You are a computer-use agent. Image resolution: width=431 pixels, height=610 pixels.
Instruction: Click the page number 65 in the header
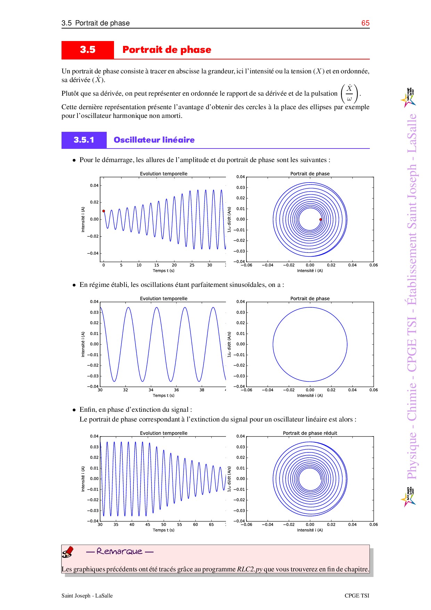365,23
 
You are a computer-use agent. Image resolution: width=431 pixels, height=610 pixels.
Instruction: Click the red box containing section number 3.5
88,50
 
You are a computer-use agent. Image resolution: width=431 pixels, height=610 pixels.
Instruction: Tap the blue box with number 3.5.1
84,140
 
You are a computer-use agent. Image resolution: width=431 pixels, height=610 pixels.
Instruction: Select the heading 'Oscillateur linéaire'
154,140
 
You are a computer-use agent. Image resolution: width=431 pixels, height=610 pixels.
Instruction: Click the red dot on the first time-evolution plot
104,211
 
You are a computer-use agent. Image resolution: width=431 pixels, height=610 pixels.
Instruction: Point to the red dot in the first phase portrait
320,219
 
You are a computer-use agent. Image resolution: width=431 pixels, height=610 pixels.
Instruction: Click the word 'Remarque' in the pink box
120,551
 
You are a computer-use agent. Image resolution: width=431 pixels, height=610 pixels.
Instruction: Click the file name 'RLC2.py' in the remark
250,569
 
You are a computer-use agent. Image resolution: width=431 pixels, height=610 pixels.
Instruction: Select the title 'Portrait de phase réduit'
310,433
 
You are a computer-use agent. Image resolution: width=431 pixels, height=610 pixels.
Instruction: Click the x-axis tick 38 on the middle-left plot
202,390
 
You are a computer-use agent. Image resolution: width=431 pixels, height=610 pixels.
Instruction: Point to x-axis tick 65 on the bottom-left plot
211,524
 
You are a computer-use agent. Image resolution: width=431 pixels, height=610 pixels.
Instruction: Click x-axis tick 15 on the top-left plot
157,265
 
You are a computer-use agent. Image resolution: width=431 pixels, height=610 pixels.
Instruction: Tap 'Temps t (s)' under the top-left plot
164,271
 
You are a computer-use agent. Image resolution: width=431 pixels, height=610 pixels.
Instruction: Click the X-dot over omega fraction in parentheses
349,94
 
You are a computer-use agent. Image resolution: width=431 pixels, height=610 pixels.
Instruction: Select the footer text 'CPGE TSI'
357,595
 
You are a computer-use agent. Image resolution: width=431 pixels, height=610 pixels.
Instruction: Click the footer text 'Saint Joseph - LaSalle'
87,595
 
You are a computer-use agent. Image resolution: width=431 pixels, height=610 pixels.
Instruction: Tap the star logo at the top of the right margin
409,98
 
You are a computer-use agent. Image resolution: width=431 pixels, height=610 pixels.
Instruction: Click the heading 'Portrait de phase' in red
167,50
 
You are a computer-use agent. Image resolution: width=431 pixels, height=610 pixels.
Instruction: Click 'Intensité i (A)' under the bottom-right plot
310,530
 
